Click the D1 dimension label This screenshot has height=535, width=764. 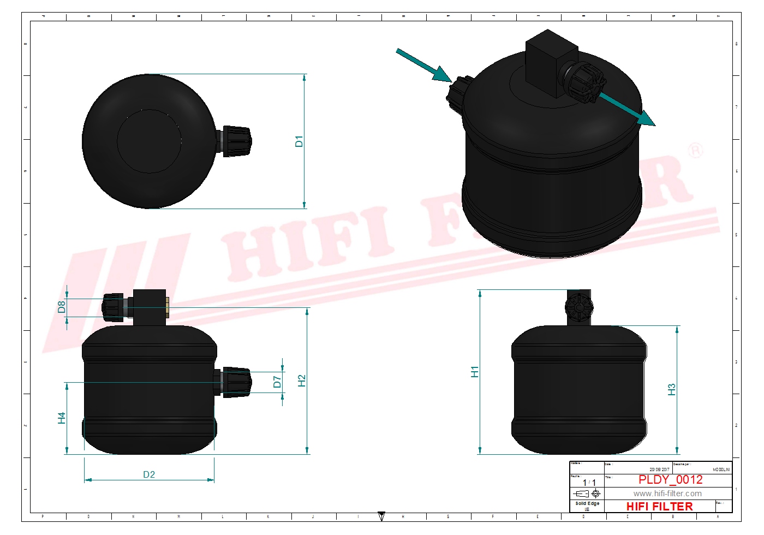click(x=299, y=141)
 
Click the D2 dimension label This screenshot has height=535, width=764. click(x=149, y=474)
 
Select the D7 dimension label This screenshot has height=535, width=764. click(x=277, y=382)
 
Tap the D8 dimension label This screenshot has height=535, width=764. click(x=62, y=307)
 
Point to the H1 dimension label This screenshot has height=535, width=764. click(x=475, y=372)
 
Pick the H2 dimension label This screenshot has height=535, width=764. click(x=302, y=381)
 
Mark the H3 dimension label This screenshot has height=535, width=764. click(x=672, y=389)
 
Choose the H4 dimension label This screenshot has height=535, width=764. click(x=62, y=418)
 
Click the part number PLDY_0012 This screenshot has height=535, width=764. click(x=671, y=479)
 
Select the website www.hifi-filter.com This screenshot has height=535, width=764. click(x=667, y=494)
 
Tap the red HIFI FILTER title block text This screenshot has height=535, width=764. click(x=659, y=507)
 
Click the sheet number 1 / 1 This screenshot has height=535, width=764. click(x=589, y=483)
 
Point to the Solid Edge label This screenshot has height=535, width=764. click(x=587, y=503)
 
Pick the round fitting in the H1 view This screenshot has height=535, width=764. click(x=578, y=307)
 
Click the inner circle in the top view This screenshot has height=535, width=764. click(x=149, y=141)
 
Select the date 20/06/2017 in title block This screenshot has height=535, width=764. click(x=659, y=469)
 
